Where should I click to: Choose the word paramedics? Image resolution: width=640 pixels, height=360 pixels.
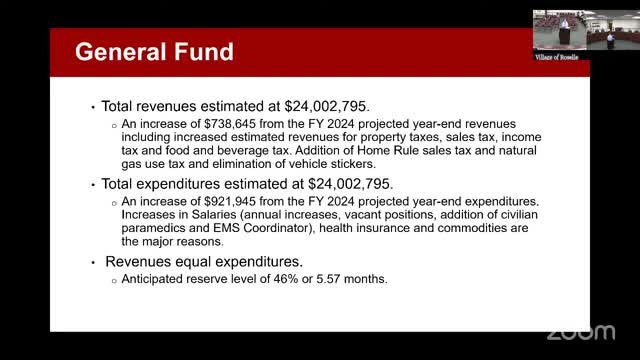(x=142, y=227)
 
